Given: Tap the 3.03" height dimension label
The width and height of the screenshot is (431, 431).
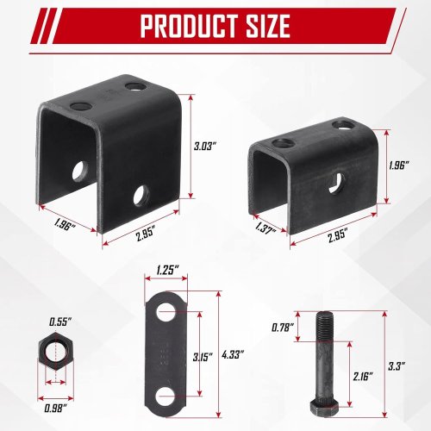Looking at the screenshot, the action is click(x=204, y=147).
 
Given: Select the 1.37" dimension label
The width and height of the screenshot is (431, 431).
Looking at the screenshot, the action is click(x=265, y=229).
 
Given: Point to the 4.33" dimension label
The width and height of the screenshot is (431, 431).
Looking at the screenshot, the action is click(x=233, y=354).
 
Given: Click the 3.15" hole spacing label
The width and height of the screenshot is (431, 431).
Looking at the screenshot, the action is click(x=203, y=357).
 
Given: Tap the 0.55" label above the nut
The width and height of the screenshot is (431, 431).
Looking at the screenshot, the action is click(x=59, y=322).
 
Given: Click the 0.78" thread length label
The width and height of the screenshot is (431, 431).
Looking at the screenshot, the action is click(x=283, y=328).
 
